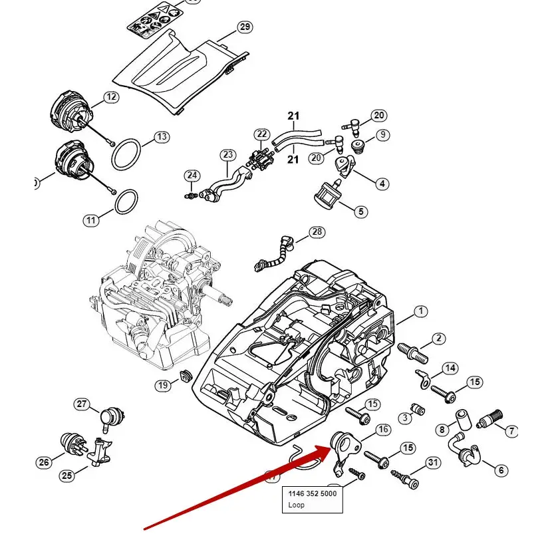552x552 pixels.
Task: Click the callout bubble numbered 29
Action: [245, 27]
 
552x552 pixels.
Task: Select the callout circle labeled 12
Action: [110, 97]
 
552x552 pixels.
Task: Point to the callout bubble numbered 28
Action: [317, 232]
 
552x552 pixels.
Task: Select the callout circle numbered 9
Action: [383, 135]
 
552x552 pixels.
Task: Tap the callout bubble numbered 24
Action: [192, 176]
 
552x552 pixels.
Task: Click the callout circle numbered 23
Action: [228, 155]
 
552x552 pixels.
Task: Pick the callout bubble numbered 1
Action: [421, 311]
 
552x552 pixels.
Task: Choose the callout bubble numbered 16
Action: [383, 430]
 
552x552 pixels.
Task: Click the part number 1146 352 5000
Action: [312, 494]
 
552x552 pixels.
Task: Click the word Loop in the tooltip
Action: [296, 505]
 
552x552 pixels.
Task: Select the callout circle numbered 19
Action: [163, 386]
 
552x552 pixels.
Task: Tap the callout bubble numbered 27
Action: [82, 404]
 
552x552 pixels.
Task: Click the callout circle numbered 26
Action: [44, 463]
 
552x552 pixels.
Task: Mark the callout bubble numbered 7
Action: [511, 432]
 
